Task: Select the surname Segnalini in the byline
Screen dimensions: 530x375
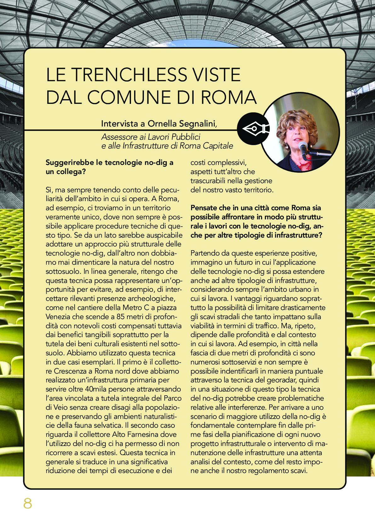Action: coord(196,124)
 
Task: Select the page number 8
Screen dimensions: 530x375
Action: coord(28,503)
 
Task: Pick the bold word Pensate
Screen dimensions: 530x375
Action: coord(204,208)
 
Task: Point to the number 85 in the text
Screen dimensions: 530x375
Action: coord(121,317)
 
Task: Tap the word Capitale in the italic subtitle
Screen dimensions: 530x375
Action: coord(218,146)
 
